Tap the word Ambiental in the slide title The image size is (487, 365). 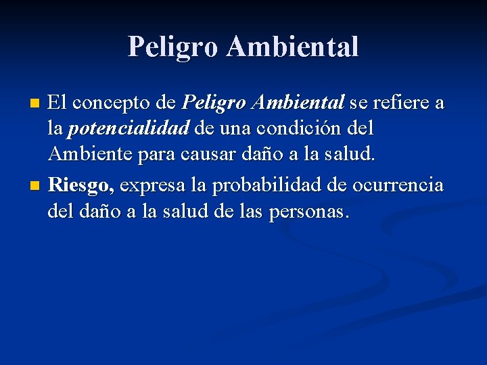tap(293, 47)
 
